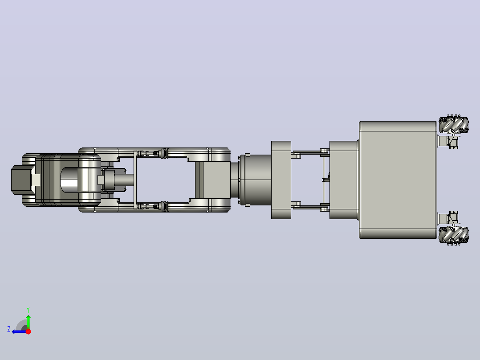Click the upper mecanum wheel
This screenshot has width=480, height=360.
(x=454, y=125)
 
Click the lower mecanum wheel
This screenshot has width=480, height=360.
(x=454, y=235)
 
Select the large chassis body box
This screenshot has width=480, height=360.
(x=398, y=180)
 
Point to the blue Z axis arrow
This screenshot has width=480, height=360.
(x=19, y=331)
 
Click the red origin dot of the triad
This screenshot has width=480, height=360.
(x=28, y=331)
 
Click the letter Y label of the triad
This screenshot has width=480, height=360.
(x=28, y=310)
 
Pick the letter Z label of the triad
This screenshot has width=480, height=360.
(x=9, y=329)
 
